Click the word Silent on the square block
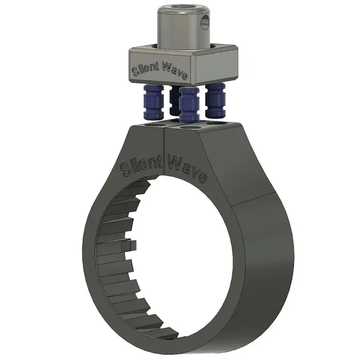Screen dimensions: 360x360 point(146,69)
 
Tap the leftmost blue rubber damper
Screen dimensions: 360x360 point(154,101)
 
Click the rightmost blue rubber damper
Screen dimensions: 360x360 point(215,100)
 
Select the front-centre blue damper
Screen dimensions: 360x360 point(189,104)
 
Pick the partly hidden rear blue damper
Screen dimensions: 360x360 point(175,101)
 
